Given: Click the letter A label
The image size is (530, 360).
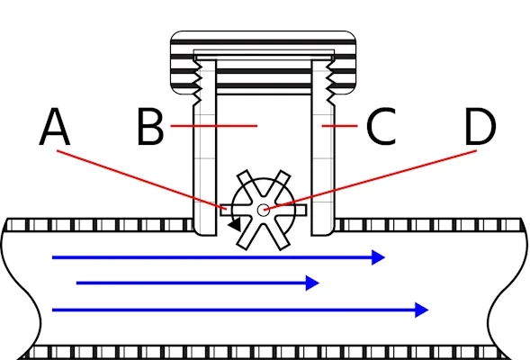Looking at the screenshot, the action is tap(55, 127).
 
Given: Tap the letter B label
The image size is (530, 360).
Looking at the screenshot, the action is tap(150, 127).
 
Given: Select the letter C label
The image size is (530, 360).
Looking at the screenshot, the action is tap(382, 127).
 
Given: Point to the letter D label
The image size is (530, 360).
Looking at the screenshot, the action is tap(481, 127).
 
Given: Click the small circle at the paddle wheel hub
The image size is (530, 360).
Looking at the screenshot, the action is tap(264, 210).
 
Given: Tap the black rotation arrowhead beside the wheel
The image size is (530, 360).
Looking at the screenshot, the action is tap(235, 224).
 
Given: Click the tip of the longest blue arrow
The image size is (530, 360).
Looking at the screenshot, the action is tap(428, 310).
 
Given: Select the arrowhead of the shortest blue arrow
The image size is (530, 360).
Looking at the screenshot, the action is tap(312, 283).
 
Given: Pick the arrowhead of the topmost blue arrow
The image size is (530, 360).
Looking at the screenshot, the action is tap(378, 257).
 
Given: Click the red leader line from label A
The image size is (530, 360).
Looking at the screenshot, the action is tap(141, 180).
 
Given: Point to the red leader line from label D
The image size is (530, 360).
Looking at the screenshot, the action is tap(370, 181).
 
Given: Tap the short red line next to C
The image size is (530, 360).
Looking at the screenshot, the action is tap(339, 126).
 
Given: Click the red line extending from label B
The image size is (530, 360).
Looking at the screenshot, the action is tap(214, 126).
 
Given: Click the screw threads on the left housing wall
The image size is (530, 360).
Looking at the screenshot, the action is tap(197, 82).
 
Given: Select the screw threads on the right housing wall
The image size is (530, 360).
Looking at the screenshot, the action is tap(330, 82).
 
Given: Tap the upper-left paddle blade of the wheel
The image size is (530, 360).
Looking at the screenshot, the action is tap(247, 185).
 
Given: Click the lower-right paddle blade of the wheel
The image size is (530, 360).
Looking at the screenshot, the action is tap(279, 235).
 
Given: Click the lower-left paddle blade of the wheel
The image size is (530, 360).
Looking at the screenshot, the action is tap(247, 235).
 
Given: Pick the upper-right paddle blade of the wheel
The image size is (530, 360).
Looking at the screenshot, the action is tap(279, 185).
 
